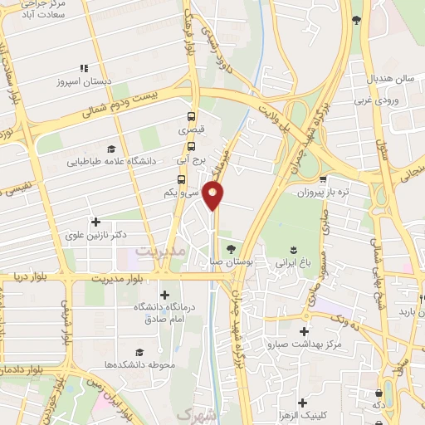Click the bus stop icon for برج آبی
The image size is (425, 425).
[x=191, y=147]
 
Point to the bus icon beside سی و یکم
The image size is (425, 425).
[x=181, y=179]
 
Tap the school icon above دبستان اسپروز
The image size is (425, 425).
[x=82, y=68]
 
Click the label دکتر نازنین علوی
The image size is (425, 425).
[x=96, y=236]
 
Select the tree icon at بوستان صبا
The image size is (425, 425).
[x=231, y=248]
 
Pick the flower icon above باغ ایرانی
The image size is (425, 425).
[x=293, y=249]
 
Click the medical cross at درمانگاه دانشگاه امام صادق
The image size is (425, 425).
[x=164, y=295]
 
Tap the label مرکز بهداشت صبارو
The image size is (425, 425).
[x=305, y=343]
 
